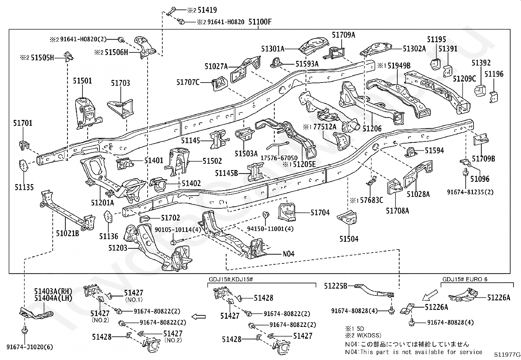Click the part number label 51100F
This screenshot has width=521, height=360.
[x=260, y=22]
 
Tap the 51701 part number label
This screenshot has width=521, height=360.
[x=23, y=123]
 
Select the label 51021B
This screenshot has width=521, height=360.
[x=67, y=233]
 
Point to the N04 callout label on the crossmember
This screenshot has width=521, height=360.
[x=289, y=254]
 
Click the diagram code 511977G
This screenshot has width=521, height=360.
[x=507, y=354]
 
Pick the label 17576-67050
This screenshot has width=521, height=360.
[x=279, y=158]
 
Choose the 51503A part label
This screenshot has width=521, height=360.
[x=246, y=153]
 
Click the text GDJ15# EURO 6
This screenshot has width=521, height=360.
[x=465, y=279]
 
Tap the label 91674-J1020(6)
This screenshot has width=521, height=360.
[x=30, y=347]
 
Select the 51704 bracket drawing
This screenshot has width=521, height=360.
[x=287, y=212]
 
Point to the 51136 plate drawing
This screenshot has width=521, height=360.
[x=108, y=217]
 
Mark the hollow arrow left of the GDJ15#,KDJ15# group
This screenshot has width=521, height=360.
[x=198, y=317]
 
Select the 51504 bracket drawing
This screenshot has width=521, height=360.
[x=347, y=218]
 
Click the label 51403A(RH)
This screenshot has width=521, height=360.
[x=53, y=291]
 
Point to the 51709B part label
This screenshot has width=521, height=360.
[x=483, y=159]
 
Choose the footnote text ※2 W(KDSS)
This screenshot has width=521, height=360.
[x=363, y=335]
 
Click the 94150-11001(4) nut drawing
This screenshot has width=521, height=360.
[x=265, y=214]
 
